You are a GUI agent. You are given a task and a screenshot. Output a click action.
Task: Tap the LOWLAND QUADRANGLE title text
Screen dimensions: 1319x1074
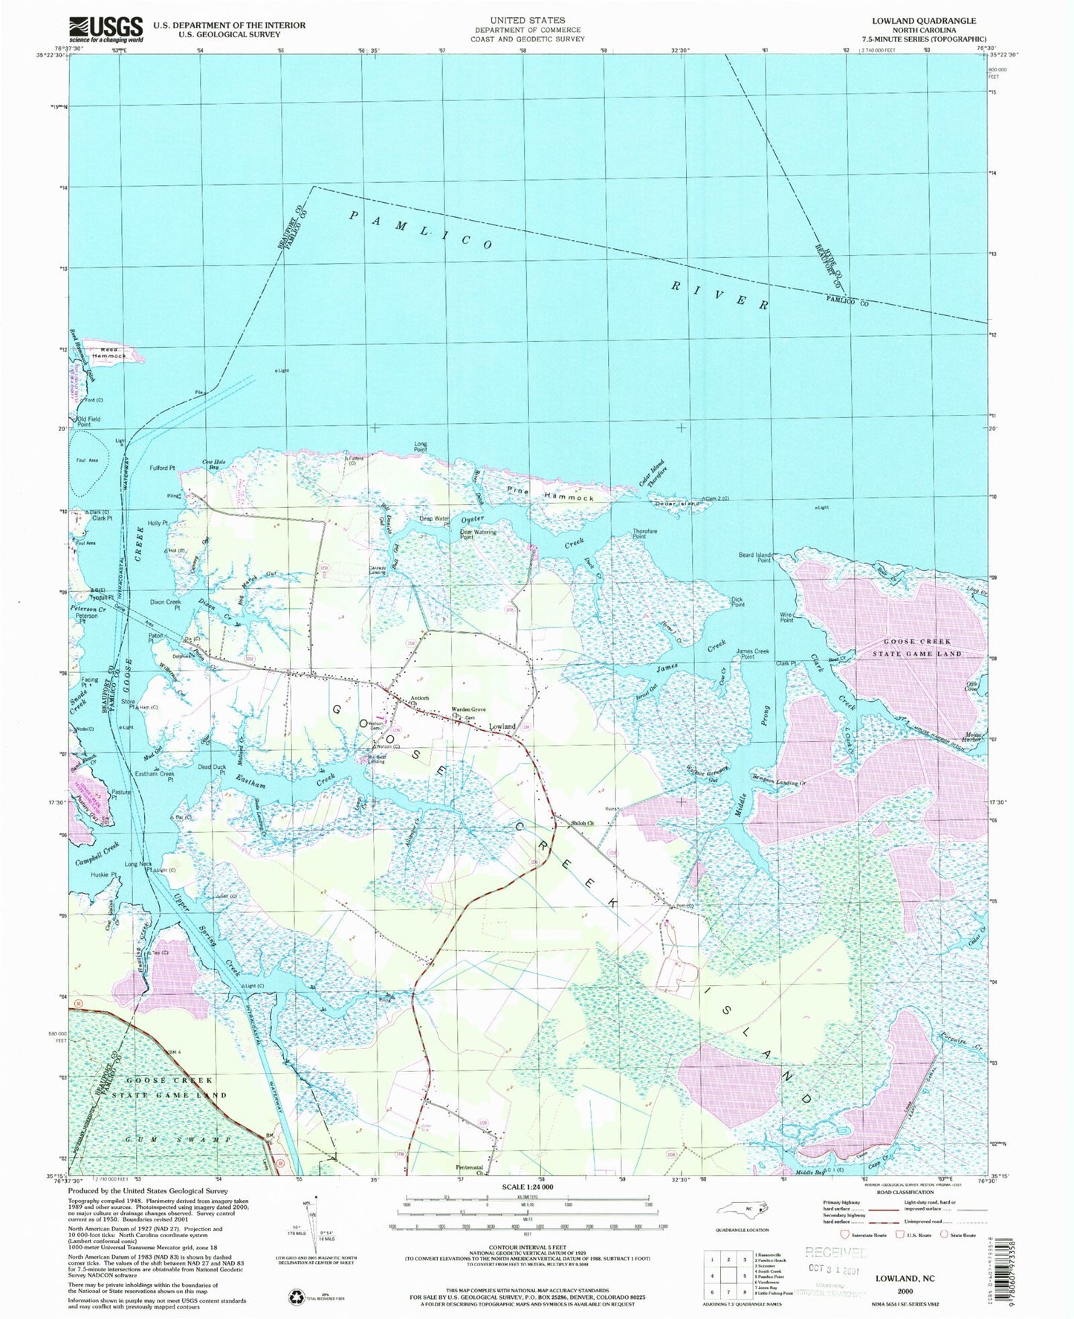coord(919,21)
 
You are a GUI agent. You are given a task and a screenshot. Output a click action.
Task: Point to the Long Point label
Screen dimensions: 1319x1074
coord(421,447)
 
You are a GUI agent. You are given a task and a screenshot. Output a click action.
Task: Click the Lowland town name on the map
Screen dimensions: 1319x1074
coord(502,726)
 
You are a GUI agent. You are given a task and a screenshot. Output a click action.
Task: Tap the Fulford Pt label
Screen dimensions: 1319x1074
coord(161,468)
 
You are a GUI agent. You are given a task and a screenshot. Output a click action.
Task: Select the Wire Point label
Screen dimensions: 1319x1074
coord(786,617)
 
